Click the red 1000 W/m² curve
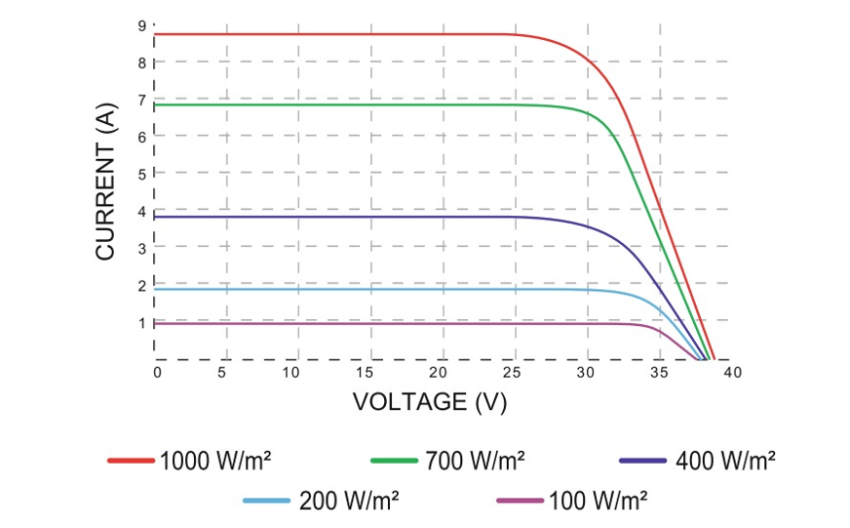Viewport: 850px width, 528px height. (341, 34)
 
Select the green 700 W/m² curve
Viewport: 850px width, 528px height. (341, 104)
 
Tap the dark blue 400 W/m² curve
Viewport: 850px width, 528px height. (341, 217)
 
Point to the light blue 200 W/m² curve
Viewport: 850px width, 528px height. (341, 289)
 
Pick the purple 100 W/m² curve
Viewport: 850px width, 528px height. (341, 323)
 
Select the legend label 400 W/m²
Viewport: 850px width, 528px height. (726, 460)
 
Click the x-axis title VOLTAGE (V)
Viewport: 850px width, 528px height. (429, 401)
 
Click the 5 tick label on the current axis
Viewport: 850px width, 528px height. (142, 174)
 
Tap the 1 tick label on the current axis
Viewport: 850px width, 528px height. (142, 322)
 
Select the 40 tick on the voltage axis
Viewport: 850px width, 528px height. (732, 373)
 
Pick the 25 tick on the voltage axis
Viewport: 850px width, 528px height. (515, 373)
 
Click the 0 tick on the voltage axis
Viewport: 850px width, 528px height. (156, 373)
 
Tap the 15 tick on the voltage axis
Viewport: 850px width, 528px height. (369, 373)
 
